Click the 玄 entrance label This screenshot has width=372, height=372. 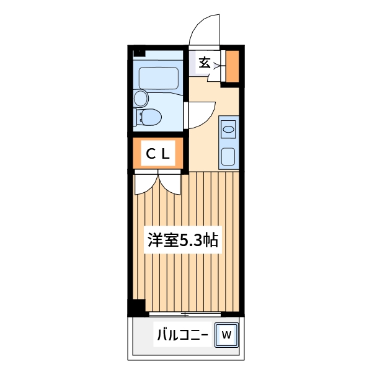205,63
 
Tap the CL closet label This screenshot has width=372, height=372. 157,154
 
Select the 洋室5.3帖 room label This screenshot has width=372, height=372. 182,240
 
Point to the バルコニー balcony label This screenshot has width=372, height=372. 181,335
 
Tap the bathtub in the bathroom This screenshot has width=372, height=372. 159,78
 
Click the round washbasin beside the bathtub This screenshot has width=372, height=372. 141,98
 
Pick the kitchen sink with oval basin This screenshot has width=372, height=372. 229,130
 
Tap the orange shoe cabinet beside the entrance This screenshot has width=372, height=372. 232,65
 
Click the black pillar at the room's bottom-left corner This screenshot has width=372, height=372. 136,306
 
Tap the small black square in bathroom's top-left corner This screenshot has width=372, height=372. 137,52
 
